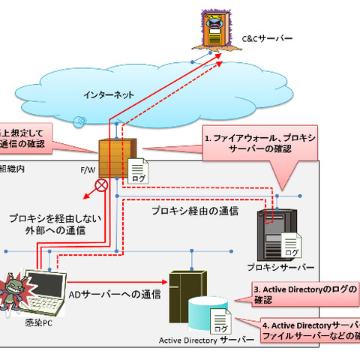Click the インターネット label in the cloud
(x=109, y=96)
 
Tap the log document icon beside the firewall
(x=139, y=170)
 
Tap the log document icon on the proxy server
(x=290, y=244)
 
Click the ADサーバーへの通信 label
(x=115, y=294)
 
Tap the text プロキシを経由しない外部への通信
(x=46, y=224)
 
